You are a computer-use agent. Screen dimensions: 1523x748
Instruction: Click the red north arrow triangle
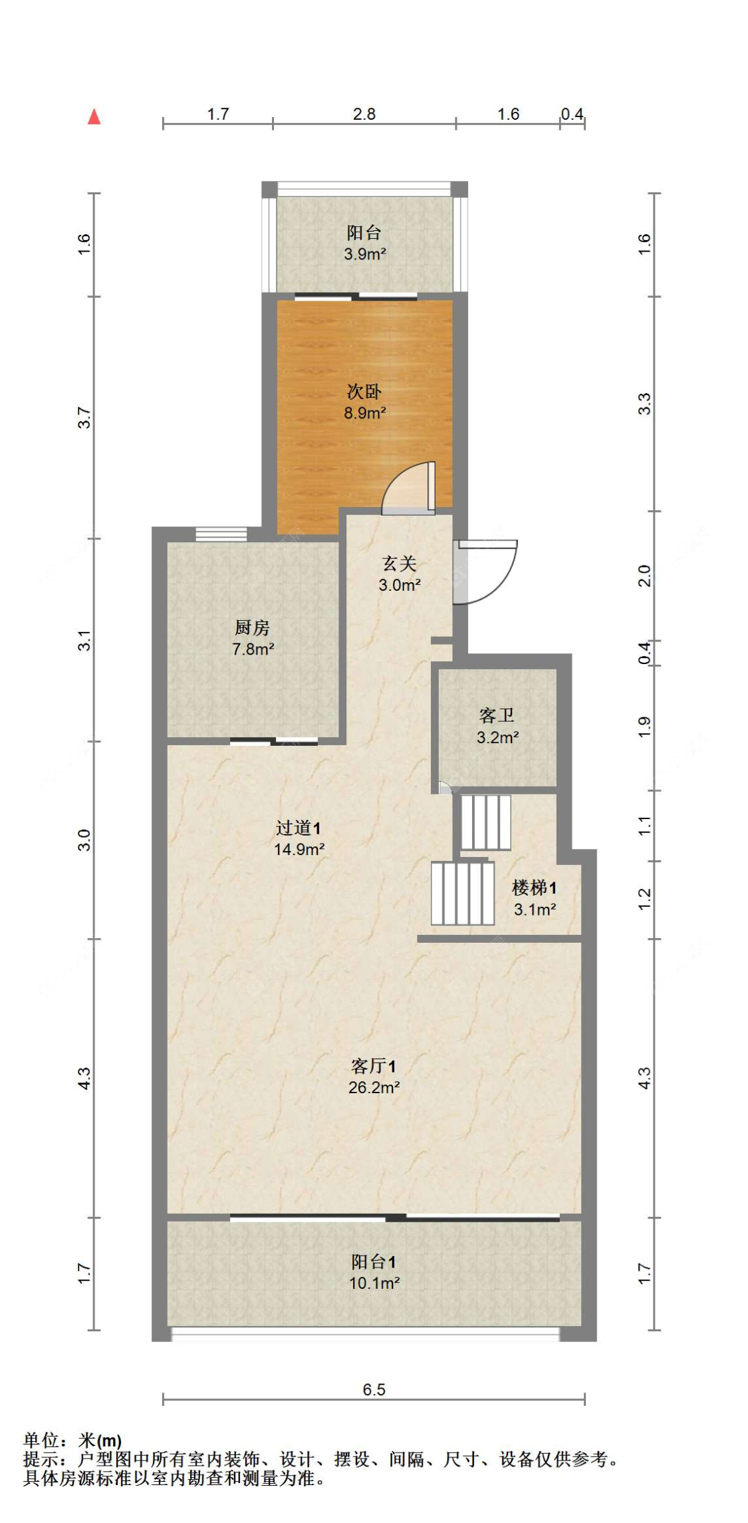coord(94,118)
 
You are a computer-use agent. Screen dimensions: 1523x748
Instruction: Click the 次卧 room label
coord(364,391)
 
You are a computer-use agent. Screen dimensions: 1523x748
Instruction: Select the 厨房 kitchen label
coord(252,627)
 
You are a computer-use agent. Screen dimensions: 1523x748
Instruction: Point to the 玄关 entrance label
coord(399,564)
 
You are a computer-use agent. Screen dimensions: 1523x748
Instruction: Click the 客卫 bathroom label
coord(497,716)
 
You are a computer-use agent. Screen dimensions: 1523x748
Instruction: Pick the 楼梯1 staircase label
coord(534,888)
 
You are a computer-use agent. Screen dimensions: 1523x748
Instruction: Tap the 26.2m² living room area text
coord(374,1088)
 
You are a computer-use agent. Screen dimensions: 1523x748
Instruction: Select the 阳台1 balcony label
coord(374,1262)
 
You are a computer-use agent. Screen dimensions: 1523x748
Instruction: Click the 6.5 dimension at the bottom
coord(374,1390)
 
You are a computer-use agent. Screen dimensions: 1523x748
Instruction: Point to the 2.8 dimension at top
coord(364,114)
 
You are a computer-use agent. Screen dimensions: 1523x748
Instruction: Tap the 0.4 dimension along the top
coord(572,114)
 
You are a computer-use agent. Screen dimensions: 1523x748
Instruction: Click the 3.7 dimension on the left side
coord(84,418)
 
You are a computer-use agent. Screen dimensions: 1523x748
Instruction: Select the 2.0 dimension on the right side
coord(644,576)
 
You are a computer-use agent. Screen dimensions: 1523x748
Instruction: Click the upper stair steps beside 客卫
coord(485,822)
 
